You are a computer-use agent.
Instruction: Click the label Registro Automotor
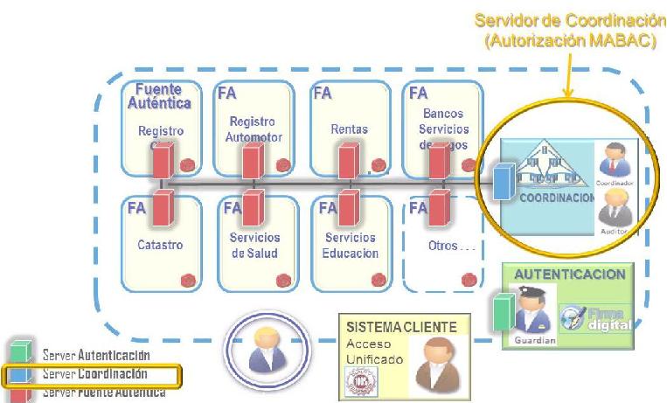(x=252, y=129)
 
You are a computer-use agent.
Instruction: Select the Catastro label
(x=160, y=246)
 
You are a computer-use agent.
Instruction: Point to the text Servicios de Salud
(x=254, y=245)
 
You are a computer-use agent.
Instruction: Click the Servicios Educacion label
(x=350, y=245)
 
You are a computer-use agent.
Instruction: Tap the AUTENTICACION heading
(x=569, y=274)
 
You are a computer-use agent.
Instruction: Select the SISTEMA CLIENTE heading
(x=401, y=326)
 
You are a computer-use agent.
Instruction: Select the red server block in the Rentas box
(x=348, y=163)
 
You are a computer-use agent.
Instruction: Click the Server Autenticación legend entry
(x=96, y=356)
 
